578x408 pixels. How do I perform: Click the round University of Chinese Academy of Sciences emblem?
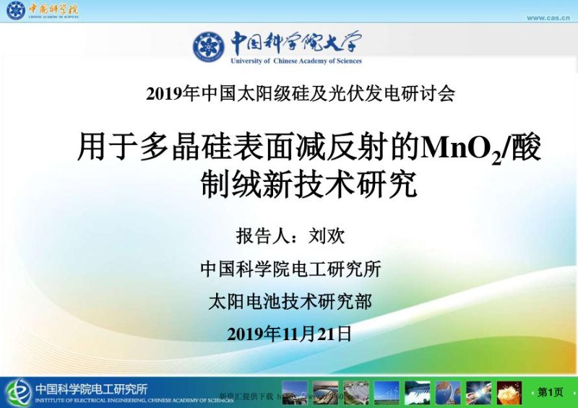pyautogui.click(x=209, y=47)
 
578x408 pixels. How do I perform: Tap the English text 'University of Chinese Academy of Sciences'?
pyautogui.click(x=296, y=61)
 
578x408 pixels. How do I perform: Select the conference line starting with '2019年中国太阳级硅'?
pyautogui.click(x=301, y=94)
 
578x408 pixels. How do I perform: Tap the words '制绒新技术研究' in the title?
pyautogui.click(x=309, y=184)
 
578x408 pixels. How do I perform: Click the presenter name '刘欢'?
pyautogui.click(x=327, y=235)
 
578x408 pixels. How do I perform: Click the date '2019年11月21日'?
pyautogui.click(x=290, y=334)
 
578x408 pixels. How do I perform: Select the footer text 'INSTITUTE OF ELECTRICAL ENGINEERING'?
pyautogui.click(x=101, y=399)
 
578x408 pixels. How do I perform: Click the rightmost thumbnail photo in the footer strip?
pyautogui.click(x=509, y=393)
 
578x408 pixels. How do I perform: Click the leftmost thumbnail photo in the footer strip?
pyautogui.click(x=294, y=393)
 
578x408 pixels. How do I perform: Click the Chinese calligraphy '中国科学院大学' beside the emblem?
pyautogui.click(x=296, y=43)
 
